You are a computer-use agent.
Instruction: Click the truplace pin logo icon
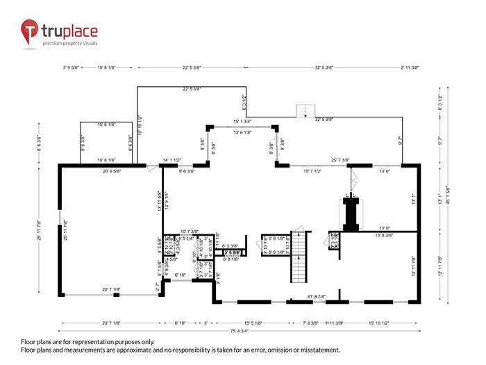tap(30, 31)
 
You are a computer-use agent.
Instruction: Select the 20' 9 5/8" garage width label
tap(117, 171)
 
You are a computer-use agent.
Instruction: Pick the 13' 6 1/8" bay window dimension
tap(242, 132)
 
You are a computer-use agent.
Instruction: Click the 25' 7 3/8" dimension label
tap(345, 161)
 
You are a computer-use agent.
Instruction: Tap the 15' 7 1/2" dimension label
tap(308, 171)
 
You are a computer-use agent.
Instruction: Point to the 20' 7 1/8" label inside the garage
tap(112, 289)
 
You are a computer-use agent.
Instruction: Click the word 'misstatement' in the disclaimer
tap(315, 350)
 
